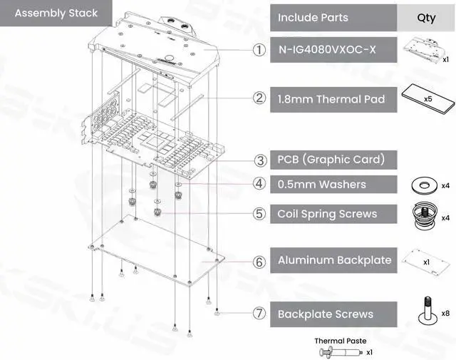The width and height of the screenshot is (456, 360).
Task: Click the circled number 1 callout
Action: (x=259, y=51)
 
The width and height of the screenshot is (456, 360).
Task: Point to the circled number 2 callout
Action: (x=259, y=98)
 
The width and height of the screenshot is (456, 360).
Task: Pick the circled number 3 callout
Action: (x=261, y=160)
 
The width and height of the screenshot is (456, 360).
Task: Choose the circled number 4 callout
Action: (x=259, y=184)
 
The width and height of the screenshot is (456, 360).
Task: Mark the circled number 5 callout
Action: (x=259, y=213)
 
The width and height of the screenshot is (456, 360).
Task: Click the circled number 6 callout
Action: (x=259, y=262)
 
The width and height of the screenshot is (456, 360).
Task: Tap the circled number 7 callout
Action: (x=259, y=314)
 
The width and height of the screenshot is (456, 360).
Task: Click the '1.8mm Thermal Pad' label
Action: (x=331, y=99)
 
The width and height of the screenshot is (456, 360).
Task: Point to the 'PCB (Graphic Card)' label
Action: (x=331, y=160)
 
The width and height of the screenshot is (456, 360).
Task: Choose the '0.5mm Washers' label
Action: (x=321, y=185)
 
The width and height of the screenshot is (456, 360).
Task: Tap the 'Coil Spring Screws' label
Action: (x=327, y=214)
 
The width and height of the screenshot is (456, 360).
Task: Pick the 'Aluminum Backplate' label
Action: (x=334, y=260)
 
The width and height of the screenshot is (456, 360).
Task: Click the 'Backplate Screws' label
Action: (x=325, y=314)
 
